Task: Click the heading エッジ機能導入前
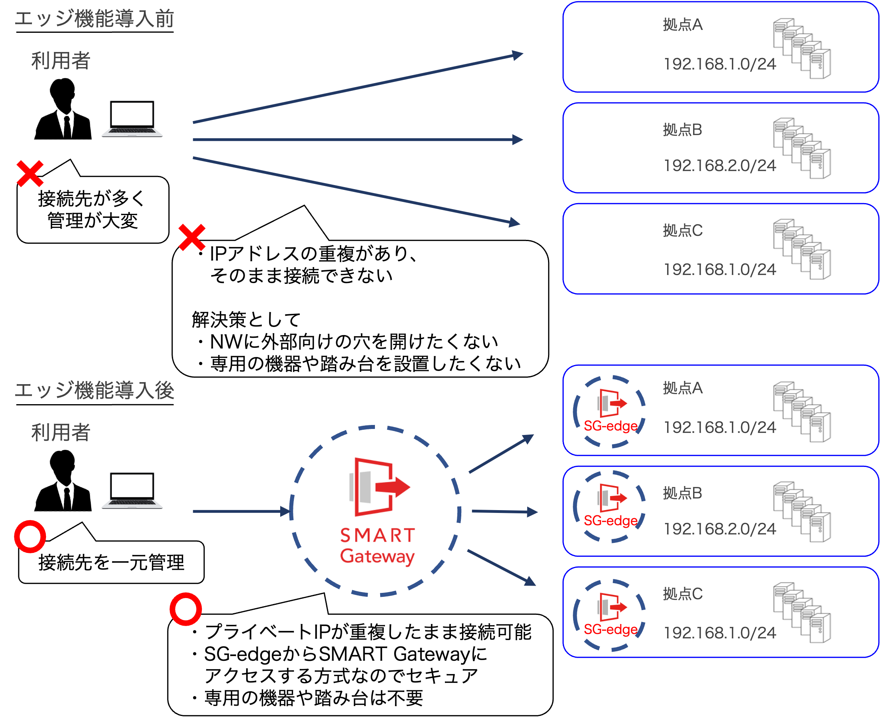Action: (x=94, y=19)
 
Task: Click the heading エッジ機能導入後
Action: (x=94, y=391)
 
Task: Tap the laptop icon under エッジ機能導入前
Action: (x=132, y=119)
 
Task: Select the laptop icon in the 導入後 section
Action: (x=132, y=490)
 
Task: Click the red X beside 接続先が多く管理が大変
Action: (x=30, y=174)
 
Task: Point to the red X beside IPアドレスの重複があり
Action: (x=191, y=237)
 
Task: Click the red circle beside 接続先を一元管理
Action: (x=30, y=537)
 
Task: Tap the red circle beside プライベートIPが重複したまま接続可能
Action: (x=186, y=609)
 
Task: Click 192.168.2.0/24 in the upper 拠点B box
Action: (x=720, y=166)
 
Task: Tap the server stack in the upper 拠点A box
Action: (x=802, y=48)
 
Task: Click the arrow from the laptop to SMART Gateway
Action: (x=243, y=511)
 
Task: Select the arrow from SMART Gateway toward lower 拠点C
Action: (x=502, y=568)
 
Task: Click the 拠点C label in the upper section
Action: (x=682, y=231)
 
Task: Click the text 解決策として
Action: (x=246, y=320)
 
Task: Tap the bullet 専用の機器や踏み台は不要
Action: (x=313, y=698)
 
